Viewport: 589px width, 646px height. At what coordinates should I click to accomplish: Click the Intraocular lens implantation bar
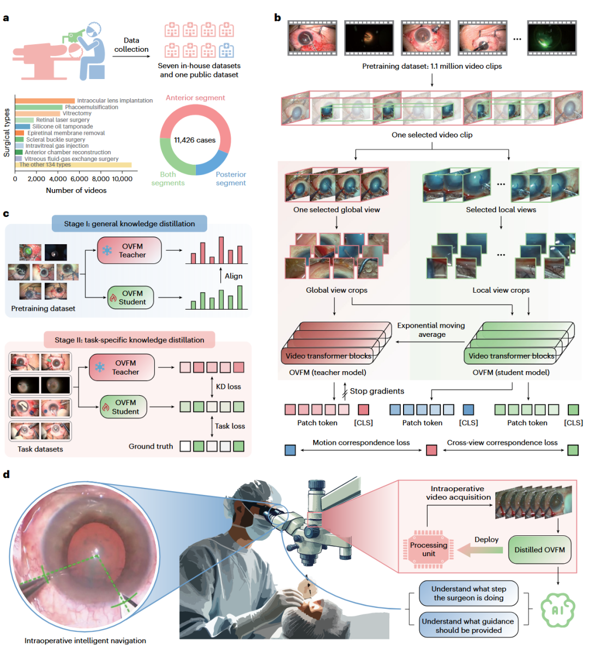point(45,101)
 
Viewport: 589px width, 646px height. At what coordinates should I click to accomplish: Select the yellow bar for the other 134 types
point(73,165)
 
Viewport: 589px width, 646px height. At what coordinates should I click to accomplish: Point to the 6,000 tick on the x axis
point(79,179)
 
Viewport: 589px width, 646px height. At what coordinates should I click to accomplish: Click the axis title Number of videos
point(76,190)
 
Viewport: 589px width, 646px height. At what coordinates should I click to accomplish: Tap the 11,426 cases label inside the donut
point(195,140)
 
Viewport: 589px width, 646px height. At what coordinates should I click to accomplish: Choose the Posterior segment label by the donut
point(231,179)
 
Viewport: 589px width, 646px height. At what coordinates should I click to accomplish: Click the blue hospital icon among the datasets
point(226,51)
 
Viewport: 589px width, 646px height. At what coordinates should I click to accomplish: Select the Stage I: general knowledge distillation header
point(129,224)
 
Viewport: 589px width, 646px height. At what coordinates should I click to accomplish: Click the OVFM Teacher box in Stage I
point(129,250)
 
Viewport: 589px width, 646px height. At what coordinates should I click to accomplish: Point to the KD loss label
point(228,387)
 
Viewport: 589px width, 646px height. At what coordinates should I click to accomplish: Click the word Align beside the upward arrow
point(233,276)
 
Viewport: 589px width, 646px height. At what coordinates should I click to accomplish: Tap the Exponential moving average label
point(431,330)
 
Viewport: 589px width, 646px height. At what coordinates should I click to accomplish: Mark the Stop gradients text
point(377,391)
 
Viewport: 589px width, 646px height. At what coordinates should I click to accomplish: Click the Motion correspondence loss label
point(361,443)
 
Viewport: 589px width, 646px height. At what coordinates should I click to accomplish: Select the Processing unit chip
point(429,550)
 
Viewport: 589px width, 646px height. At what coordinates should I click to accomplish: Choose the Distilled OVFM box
point(539,550)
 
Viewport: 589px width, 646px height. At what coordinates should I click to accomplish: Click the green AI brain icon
point(557,609)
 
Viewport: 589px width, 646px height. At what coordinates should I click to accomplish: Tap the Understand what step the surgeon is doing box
point(468,593)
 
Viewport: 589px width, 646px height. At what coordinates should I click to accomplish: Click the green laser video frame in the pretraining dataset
point(551,38)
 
